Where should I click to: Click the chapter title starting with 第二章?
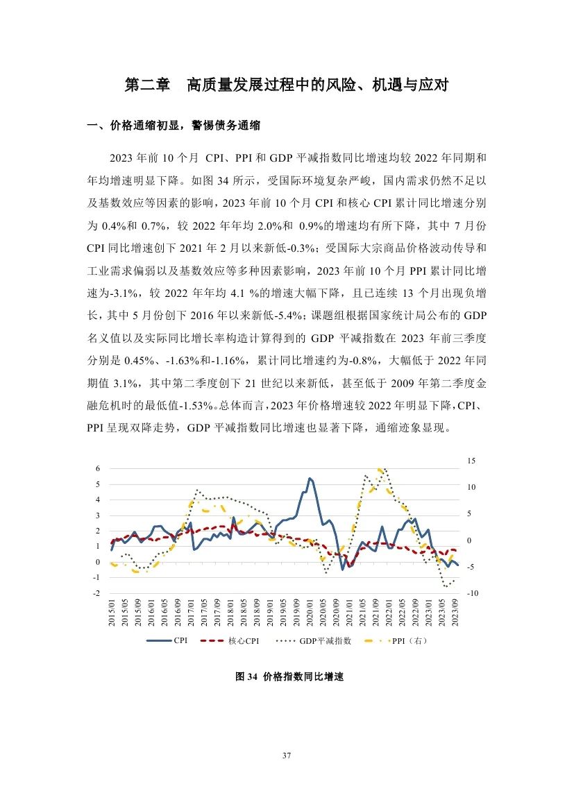[x=286, y=86]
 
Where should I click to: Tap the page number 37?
[x=286, y=755]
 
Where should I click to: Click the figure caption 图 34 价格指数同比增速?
[x=287, y=678]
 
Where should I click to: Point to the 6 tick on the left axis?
[x=98, y=469]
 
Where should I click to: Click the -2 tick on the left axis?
[x=96, y=594]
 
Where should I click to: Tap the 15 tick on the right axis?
[x=471, y=461]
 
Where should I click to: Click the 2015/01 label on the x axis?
[x=112, y=613]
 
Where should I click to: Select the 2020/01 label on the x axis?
[x=310, y=613]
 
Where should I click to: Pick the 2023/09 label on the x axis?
[x=455, y=613]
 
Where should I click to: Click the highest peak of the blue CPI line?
[x=310, y=478]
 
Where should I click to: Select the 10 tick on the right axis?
[x=471, y=487]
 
